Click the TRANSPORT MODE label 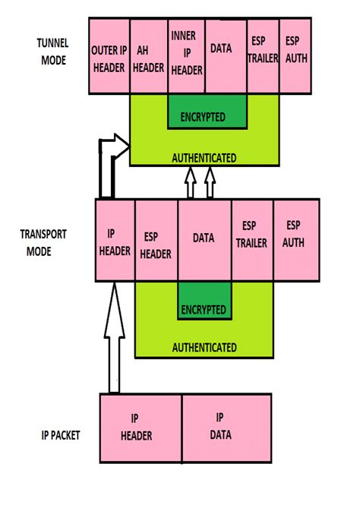click(46, 242)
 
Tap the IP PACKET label click(62, 435)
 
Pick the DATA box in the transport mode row click(204, 240)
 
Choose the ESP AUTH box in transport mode click(295, 240)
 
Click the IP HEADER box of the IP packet click(141, 427)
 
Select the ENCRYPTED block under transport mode click(204, 308)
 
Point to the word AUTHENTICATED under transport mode click(204, 347)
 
